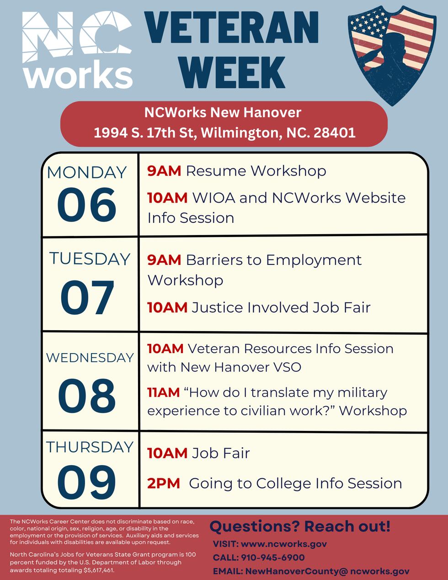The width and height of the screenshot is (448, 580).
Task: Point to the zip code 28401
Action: tap(334, 133)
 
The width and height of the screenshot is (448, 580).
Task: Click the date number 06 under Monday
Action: tap(87, 205)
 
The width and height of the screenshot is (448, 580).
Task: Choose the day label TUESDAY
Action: tap(90, 258)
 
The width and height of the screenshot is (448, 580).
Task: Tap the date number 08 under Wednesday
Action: tap(87, 396)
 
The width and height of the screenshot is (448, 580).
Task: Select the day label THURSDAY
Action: tap(90, 447)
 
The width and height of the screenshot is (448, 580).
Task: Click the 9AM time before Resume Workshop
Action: tap(164, 171)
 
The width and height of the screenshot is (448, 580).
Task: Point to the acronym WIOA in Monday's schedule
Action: tap(214, 198)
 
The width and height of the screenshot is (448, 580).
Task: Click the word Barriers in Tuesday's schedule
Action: tap(214, 260)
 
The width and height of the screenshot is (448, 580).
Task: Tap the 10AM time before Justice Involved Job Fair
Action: tap(167, 307)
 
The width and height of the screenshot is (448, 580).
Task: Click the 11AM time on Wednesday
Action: tap(164, 392)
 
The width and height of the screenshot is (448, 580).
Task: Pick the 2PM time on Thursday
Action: tap(164, 483)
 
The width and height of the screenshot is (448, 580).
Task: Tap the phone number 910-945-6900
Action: tap(273, 557)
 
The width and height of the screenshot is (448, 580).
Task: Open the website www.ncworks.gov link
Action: tap(284, 544)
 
